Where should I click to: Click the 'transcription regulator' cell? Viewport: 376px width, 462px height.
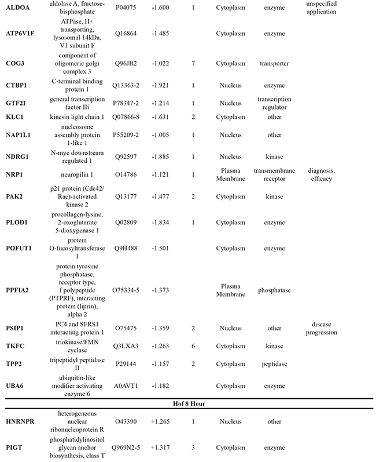pyautogui.click(x=275, y=103)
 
